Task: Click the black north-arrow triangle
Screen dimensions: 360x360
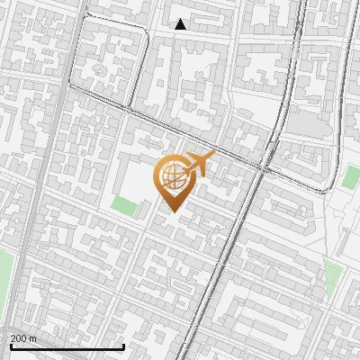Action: pos(180,24)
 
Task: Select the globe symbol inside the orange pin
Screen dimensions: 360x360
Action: pos(172,176)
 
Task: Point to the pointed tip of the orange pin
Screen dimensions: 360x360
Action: pos(172,211)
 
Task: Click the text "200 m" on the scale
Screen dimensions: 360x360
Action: pos(23,338)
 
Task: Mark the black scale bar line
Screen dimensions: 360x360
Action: pos(67,347)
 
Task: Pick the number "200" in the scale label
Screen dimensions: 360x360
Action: pos(18,338)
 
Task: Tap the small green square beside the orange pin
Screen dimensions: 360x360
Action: pos(124,206)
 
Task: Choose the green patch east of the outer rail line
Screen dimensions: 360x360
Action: pos(350,176)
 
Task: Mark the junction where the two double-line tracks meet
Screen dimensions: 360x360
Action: pos(266,166)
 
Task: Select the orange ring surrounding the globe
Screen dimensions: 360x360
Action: pos(157,176)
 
